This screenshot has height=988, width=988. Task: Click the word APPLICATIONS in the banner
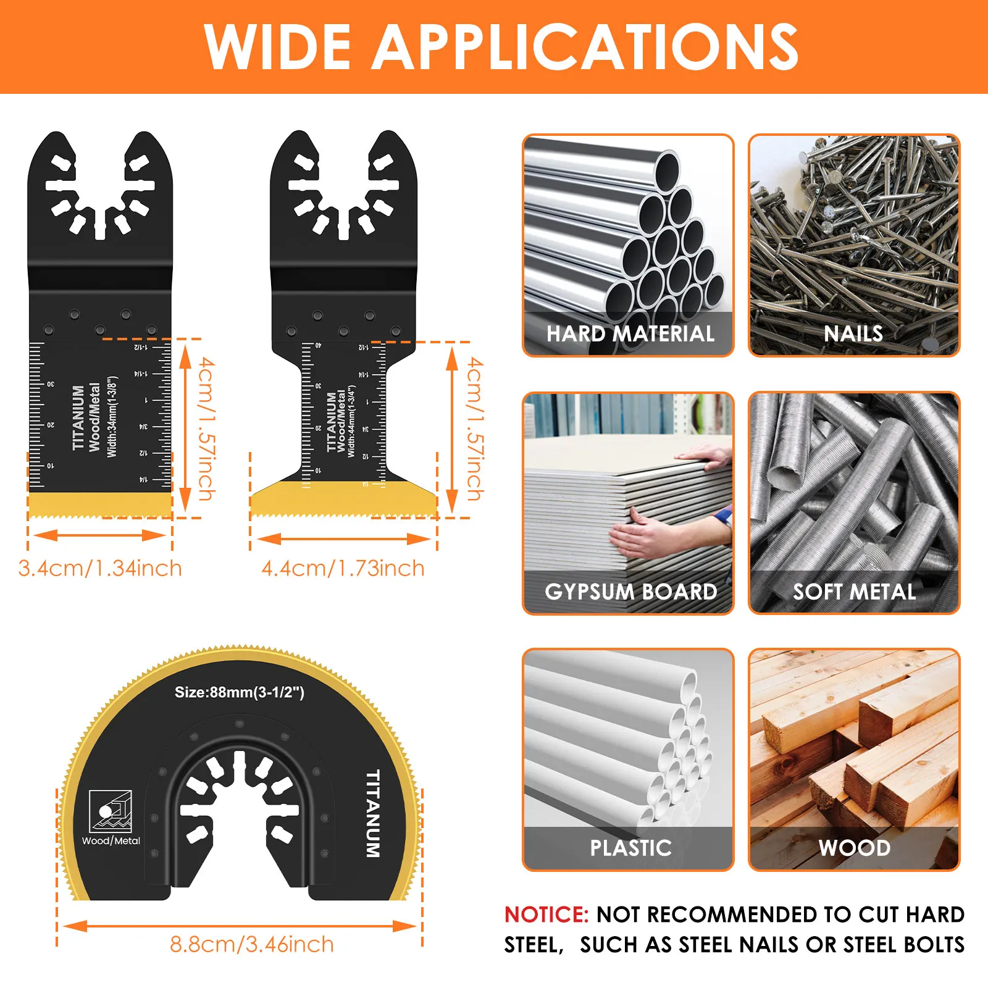(x=587, y=47)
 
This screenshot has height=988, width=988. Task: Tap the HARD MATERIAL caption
(x=630, y=334)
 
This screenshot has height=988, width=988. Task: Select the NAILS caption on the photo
(x=853, y=334)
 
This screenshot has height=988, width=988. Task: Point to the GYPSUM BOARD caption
(x=630, y=592)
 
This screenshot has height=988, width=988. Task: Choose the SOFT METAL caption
(x=854, y=592)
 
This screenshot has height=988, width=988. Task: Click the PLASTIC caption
(x=630, y=848)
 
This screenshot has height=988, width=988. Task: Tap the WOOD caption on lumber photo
(x=854, y=848)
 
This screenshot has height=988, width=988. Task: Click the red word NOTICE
(x=546, y=915)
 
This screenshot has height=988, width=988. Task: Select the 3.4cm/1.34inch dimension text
(x=100, y=568)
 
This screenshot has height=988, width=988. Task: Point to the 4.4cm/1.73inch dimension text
(x=343, y=568)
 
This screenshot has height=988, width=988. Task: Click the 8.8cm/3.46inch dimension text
(x=251, y=944)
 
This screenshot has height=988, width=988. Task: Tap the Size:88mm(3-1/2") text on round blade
(x=239, y=692)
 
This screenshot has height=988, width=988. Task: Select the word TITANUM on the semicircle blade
(x=372, y=813)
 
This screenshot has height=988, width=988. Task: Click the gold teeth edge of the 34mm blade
(x=99, y=504)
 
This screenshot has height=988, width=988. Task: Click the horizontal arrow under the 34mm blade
(x=99, y=535)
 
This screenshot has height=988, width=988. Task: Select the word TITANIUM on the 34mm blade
(x=78, y=418)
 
